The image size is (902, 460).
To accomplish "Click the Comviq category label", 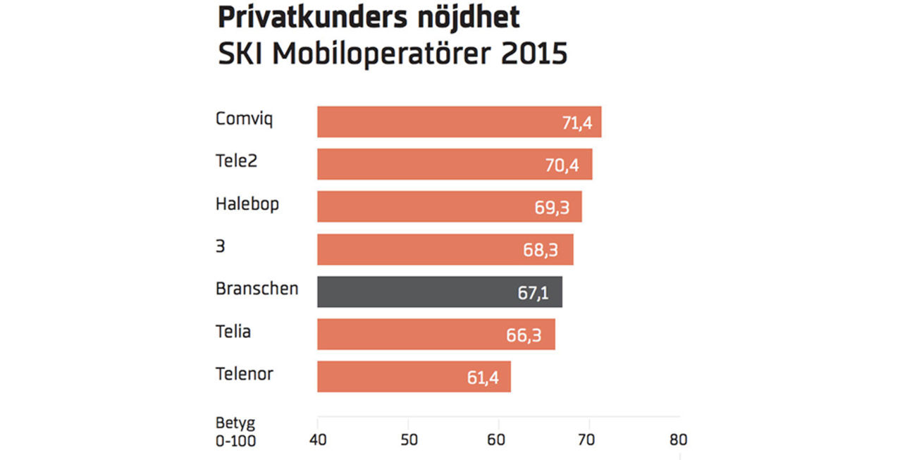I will coord(244,119).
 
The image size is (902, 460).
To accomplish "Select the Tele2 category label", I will coord(236,161).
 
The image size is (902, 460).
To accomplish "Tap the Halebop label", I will coord(247,204).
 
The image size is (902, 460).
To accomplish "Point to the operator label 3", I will coord(221,247).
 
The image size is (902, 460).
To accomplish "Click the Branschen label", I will coord(257,289).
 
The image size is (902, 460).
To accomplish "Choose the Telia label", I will coord(233,332).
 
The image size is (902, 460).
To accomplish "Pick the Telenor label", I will coord(244,374).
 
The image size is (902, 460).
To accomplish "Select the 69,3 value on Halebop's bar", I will coord(552,209).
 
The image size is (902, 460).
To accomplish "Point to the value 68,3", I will coord(543,251).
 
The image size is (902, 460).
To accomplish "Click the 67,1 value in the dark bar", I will coord(533,293).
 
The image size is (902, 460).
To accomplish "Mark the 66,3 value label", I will coord(524,336).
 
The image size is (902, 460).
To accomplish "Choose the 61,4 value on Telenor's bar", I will coord(483,378).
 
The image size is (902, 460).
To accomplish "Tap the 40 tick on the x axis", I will coord(318,440).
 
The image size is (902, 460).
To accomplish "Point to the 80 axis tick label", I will coord(678,440).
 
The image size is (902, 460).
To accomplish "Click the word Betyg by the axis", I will coord(235,423).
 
